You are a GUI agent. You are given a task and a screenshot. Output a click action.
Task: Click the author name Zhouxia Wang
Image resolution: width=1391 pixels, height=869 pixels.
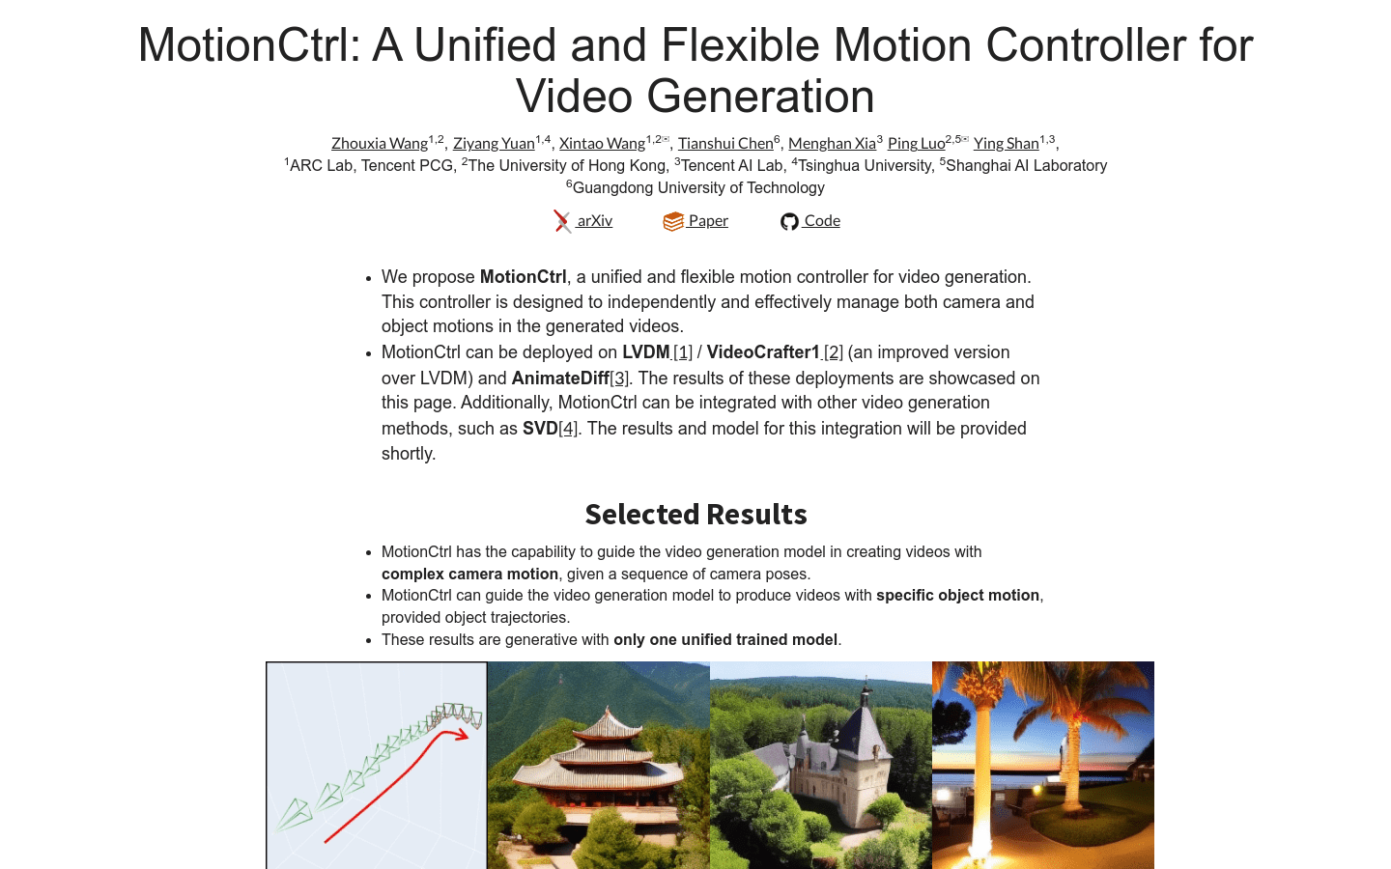point(379,143)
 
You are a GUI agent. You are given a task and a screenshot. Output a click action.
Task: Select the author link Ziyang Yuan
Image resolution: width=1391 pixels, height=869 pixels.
point(494,143)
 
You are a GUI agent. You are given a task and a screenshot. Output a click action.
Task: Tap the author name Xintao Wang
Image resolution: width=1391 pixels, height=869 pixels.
point(602,143)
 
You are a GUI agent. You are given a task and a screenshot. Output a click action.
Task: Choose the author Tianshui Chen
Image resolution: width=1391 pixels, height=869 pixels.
point(725,143)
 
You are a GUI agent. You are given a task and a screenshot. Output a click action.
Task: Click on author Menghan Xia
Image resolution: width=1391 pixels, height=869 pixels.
point(832,143)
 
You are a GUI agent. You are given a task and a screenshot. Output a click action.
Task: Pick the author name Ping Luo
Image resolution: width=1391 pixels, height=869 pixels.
point(916,143)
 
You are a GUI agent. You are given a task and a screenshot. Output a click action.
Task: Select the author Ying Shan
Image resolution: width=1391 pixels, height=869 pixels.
point(1006,143)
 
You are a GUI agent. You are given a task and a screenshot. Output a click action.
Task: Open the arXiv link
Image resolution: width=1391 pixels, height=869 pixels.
point(594,221)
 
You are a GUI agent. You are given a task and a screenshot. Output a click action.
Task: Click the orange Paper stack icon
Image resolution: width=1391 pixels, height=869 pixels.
point(673,222)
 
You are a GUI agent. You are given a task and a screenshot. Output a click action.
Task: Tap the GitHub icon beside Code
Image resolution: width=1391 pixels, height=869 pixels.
point(789,222)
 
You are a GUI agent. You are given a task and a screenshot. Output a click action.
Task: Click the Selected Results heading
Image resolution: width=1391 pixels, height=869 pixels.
point(695,515)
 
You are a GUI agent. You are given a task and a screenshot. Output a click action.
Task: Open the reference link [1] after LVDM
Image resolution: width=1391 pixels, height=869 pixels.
point(683,352)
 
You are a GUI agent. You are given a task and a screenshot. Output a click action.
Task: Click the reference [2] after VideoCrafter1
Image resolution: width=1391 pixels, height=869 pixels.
point(833,352)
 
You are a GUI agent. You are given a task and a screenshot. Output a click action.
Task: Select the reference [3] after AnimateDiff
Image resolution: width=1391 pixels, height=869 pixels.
point(619,378)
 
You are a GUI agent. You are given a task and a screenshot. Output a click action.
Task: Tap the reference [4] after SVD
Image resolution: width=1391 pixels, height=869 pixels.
point(568,429)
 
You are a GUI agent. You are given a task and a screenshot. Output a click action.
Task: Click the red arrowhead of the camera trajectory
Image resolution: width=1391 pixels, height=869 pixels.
point(462,735)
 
